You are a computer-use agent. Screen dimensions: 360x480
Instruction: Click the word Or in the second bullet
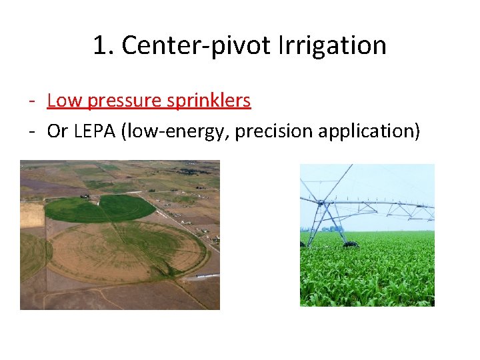click(57, 131)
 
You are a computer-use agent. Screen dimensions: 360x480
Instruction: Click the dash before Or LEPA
click(32, 132)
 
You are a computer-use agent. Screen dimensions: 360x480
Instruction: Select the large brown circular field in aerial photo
click(127, 251)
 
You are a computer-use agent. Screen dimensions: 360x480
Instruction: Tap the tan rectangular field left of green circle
click(31, 215)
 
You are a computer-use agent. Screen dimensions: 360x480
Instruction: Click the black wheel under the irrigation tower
click(350, 245)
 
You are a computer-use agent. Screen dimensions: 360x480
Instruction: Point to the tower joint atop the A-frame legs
click(326, 199)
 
